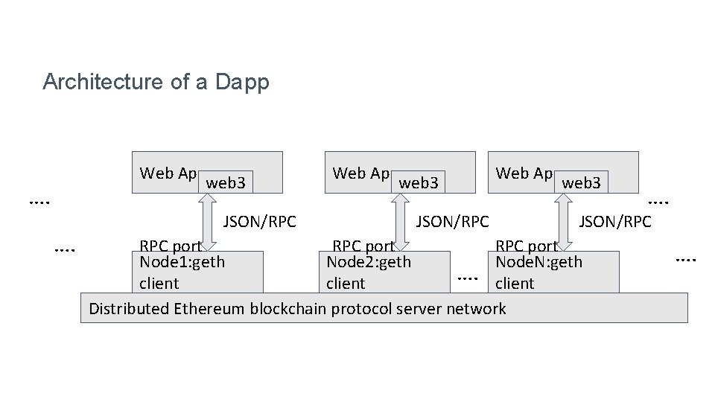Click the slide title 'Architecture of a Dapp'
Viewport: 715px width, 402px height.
pos(156,82)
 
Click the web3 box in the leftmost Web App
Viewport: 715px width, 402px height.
pos(226,182)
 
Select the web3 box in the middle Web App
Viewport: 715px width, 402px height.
pos(419,182)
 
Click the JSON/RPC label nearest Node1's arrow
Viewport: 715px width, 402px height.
pos(260,221)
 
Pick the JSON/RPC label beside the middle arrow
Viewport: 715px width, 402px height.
pos(452,221)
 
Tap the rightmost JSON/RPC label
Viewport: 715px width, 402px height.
pos(615,221)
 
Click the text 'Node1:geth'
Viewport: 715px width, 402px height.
pos(182,262)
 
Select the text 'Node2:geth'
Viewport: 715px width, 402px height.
pos(369,262)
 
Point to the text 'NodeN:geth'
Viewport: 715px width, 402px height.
pos(538,262)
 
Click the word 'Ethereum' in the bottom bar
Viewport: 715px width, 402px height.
pos(211,309)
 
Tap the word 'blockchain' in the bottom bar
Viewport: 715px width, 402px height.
pos(286,309)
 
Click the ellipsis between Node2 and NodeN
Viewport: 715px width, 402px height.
pos(467,278)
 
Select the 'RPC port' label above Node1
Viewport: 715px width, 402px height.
pos(170,246)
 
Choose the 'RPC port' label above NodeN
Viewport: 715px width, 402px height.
pos(526,246)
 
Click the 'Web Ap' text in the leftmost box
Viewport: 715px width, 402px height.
pos(168,173)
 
